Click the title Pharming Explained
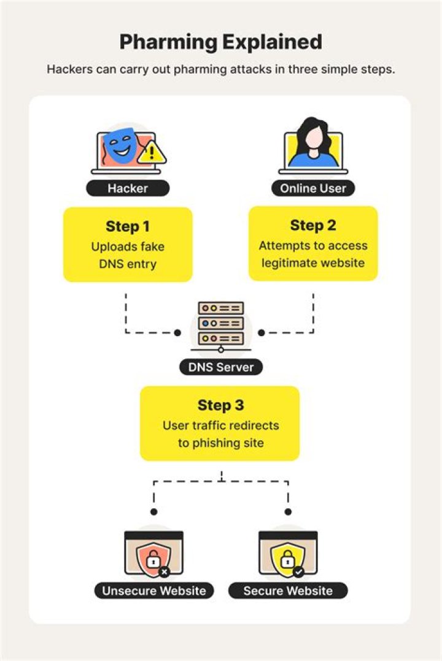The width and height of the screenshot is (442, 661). pyautogui.click(x=221, y=42)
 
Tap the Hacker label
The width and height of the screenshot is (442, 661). pyautogui.click(x=128, y=188)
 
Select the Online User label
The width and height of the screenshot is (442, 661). pyautogui.click(x=313, y=188)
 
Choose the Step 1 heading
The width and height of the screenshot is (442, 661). pyautogui.click(x=128, y=226)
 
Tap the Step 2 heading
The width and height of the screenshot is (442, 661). pyautogui.click(x=313, y=225)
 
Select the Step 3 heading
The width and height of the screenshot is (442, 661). pyautogui.click(x=220, y=405)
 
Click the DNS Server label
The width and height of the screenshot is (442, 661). pyautogui.click(x=221, y=367)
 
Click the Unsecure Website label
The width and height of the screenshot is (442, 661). pyautogui.click(x=154, y=590)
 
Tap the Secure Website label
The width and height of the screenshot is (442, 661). pyautogui.click(x=288, y=590)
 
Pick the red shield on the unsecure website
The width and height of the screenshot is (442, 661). pyautogui.click(x=153, y=557)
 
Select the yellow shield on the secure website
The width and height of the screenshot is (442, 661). pyautogui.click(x=287, y=557)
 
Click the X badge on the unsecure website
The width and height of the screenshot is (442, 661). pyautogui.click(x=165, y=572)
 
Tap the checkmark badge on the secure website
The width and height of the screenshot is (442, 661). pyautogui.click(x=298, y=572)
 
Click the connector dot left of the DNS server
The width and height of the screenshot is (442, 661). pyautogui.click(x=178, y=332)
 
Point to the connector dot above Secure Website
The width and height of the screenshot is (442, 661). pyautogui.click(x=288, y=512)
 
